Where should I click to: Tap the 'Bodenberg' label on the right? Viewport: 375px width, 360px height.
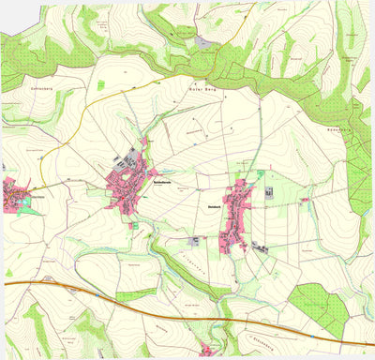[337, 128]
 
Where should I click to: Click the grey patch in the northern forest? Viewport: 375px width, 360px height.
[205, 41]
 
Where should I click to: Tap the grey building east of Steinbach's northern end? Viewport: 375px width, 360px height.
[270, 192]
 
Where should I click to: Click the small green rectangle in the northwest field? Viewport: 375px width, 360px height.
[100, 85]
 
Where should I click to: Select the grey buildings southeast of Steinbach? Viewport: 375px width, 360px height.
[258, 247]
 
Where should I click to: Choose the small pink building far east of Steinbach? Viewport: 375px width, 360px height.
[305, 200]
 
